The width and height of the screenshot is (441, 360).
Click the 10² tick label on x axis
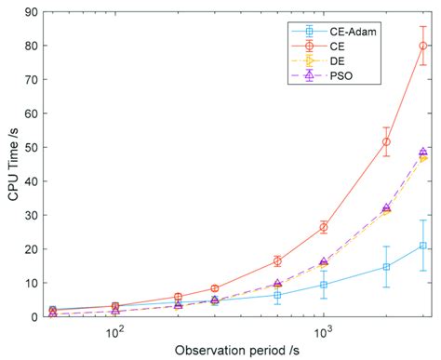[114, 330]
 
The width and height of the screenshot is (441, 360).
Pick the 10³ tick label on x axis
[323, 330]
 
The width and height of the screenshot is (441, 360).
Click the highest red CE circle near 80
[423, 46]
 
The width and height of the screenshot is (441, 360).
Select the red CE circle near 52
[386, 141]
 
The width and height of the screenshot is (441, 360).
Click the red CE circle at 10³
[324, 227]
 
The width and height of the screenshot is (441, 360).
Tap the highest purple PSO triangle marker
[423, 152]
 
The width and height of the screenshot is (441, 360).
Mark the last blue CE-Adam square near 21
[423, 246]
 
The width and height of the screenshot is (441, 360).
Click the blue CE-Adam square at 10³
[324, 285]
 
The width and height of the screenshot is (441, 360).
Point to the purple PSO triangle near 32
[386, 208]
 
